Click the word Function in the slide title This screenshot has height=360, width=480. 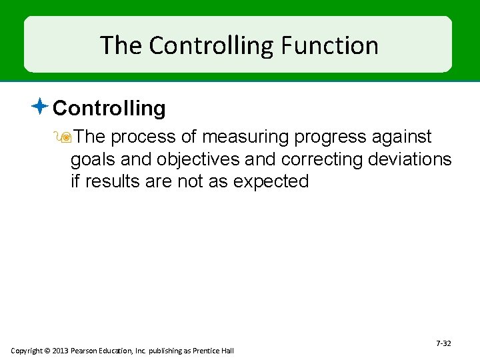pos(329,45)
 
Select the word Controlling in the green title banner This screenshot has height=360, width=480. pos(208,45)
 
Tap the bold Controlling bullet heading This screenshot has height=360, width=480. pos(109,108)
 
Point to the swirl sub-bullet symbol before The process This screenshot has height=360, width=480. pos(66,137)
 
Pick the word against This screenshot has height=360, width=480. pos(402,137)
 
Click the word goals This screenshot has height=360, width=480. pos(94,159)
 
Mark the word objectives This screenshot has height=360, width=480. pos(199,159)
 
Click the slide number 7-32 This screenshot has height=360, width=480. pos(443,343)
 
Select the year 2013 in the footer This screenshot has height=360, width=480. pos(58,351)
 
